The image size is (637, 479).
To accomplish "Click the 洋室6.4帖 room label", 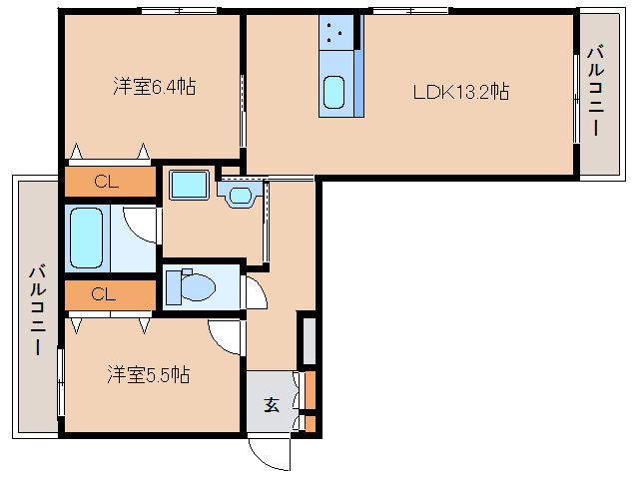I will click(x=153, y=87).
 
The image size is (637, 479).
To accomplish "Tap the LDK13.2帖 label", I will click(x=462, y=91).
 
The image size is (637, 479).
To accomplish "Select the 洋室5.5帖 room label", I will click(x=150, y=375).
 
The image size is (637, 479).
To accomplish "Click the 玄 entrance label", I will click(x=272, y=404).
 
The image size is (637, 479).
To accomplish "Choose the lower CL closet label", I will click(x=104, y=294).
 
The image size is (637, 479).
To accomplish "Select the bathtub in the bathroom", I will click(x=87, y=238).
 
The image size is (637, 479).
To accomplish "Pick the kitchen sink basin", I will click(x=334, y=94).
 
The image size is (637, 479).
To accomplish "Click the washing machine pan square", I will click(x=187, y=185).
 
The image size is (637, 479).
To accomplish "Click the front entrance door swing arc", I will click(x=268, y=452).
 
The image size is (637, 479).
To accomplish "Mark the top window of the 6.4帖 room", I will click(x=180, y=11).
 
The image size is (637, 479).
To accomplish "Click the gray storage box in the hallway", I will click(x=309, y=339).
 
